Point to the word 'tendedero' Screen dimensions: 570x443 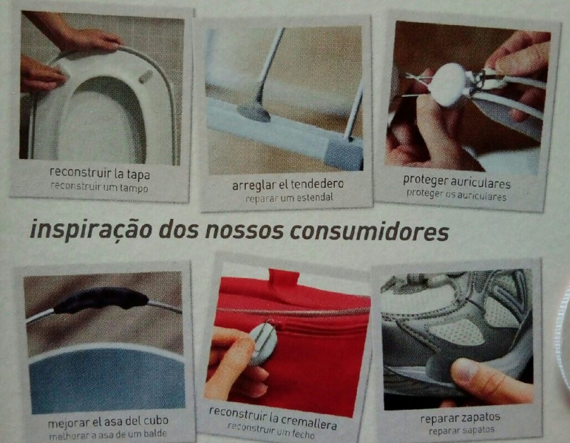coord(317,184)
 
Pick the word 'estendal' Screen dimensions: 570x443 coord(315,197)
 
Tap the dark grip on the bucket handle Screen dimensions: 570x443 coord(101,299)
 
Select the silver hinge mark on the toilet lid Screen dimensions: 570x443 coord(146,76)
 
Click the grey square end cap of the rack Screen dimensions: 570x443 coord(343,154)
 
